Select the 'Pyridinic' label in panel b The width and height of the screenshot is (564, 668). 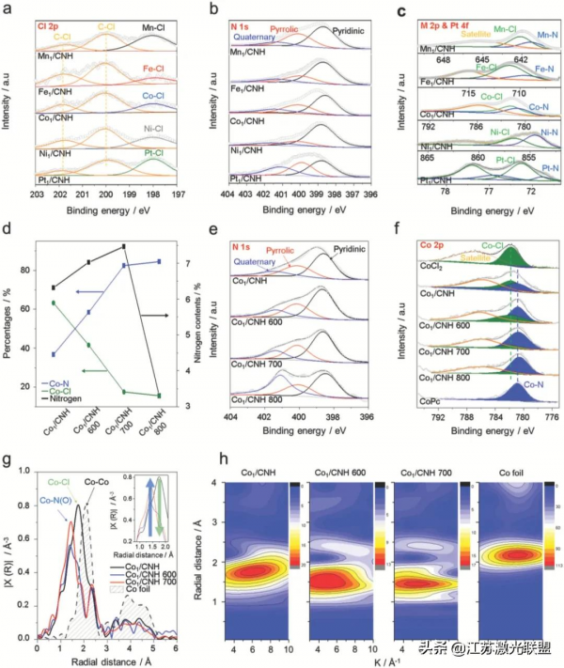(342, 29)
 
